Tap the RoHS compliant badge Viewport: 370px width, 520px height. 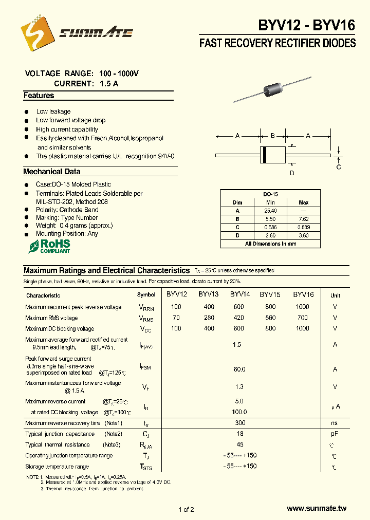(x=49, y=246)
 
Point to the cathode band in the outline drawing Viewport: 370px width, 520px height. (x=264, y=155)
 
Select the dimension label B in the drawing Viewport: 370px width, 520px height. (x=272, y=136)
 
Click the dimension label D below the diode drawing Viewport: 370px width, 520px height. (x=291, y=173)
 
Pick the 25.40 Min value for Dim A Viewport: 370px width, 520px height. (x=270, y=211)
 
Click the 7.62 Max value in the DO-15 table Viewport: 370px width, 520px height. (x=303, y=219)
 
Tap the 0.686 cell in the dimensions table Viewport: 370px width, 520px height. (x=270, y=227)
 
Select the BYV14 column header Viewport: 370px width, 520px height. (x=240, y=294)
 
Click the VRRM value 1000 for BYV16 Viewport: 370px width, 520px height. (x=303, y=307)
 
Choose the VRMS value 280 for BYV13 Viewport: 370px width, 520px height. (x=209, y=318)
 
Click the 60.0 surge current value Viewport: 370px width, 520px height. (x=239, y=369)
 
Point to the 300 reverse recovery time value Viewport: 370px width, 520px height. (x=239, y=423)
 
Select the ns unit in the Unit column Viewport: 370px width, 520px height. (x=335, y=423)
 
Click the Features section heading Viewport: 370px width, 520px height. (x=39, y=96)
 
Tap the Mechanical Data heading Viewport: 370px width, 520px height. (x=51, y=172)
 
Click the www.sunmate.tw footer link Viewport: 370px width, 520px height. (x=317, y=508)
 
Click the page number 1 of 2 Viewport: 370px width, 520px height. (x=186, y=509)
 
